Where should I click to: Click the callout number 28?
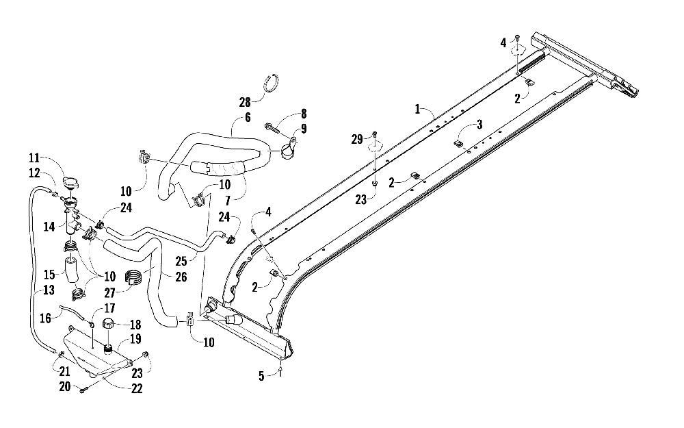click(245, 102)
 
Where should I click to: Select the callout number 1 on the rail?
click(417, 109)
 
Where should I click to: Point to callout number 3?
click(479, 125)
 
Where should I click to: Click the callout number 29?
click(357, 139)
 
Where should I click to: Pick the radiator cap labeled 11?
click(70, 184)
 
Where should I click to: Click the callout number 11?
click(34, 158)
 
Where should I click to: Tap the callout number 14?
click(49, 226)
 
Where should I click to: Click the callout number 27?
click(109, 292)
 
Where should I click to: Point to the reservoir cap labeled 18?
click(109, 325)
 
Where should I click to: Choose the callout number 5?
click(261, 376)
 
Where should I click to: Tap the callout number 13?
click(49, 290)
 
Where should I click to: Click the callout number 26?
click(181, 277)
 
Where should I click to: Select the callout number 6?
click(248, 118)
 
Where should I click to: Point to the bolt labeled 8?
click(272, 127)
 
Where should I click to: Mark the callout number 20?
click(64, 386)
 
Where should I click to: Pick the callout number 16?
click(45, 318)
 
